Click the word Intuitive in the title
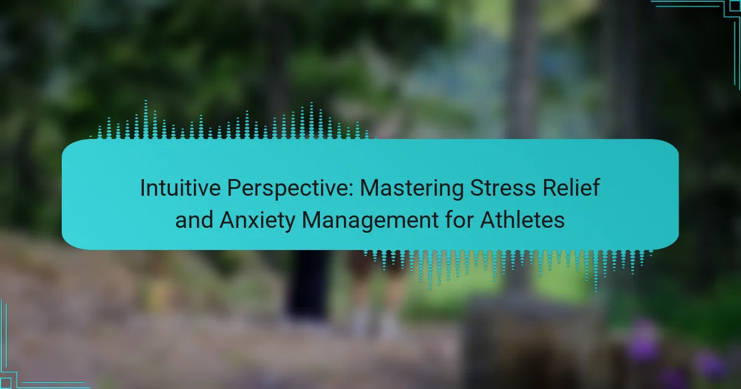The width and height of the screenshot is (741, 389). point(180,188)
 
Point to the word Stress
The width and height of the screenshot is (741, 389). point(503,188)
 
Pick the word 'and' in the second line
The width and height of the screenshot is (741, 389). point(194,220)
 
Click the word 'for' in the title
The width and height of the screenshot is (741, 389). point(459,220)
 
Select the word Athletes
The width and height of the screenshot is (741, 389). point(522,220)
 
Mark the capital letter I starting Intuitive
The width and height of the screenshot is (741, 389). point(142,188)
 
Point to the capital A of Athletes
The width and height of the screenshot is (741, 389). point(488,220)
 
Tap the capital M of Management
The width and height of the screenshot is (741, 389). point(311,220)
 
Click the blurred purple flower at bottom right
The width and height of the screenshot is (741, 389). point(643,341)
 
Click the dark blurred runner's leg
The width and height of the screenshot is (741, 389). point(308,285)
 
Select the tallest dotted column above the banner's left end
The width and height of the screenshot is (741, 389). point(146,119)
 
